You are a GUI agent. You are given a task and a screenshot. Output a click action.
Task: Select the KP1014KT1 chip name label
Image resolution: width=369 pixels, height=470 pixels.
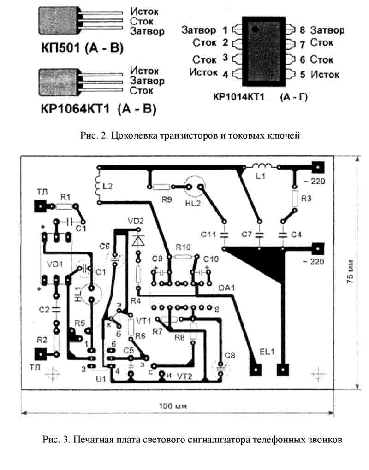tap(240, 97)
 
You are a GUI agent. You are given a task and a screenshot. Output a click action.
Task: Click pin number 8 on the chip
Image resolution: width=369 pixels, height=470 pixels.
tap(302, 30)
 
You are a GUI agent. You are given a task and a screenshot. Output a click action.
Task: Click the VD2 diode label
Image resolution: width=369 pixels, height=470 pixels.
tap(136, 221)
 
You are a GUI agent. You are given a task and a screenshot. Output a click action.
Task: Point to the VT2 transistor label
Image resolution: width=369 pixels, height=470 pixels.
tap(184, 375)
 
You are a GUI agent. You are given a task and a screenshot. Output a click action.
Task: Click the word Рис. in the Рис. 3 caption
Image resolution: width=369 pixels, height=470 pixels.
tap(52, 439)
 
